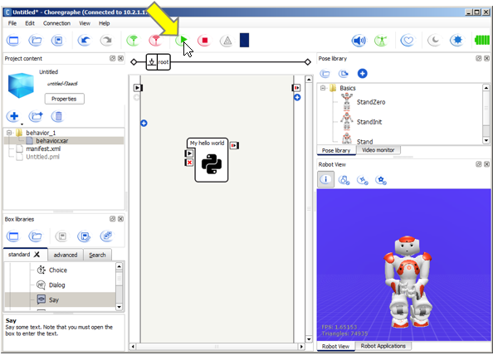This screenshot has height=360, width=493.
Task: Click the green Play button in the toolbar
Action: click(x=183, y=40)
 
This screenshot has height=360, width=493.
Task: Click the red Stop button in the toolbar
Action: click(x=203, y=40)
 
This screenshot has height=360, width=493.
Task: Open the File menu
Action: click(x=12, y=23)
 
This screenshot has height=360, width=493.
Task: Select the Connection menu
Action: click(x=57, y=23)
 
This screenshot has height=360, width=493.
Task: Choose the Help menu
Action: click(x=104, y=23)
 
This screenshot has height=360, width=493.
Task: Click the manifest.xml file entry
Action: click(x=42, y=148)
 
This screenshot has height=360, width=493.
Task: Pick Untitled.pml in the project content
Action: click(x=42, y=157)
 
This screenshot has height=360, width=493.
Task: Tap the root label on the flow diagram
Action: click(x=164, y=61)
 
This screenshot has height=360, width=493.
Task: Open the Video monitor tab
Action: click(x=379, y=150)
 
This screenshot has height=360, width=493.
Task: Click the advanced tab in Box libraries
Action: click(x=66, y=255)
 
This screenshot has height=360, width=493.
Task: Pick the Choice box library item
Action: click(x=57, y=270)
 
